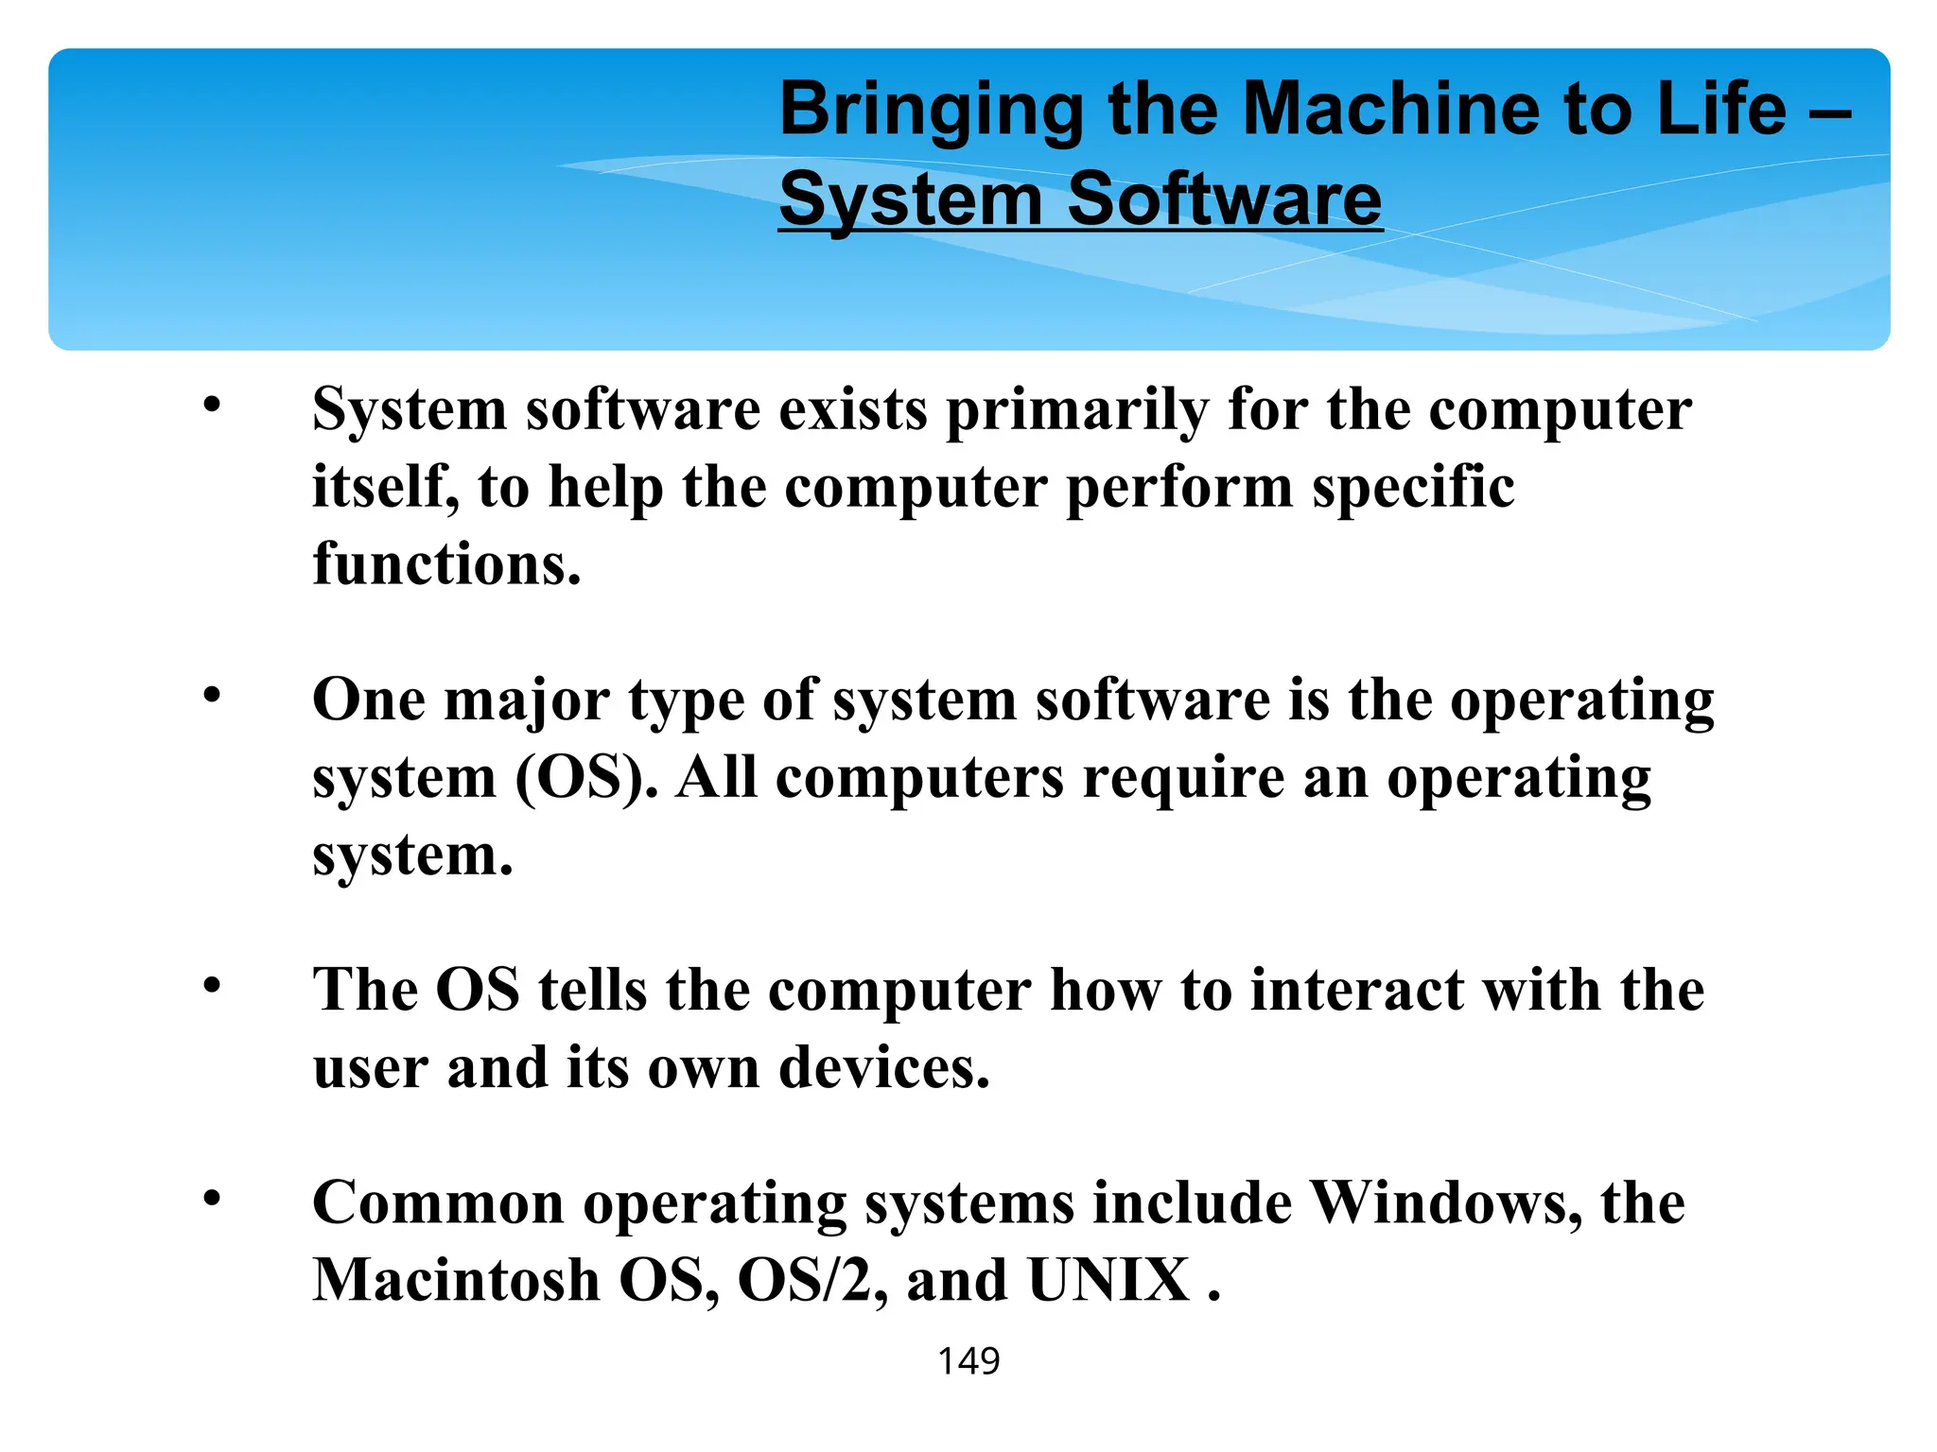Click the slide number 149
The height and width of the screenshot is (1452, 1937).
[968, 1361]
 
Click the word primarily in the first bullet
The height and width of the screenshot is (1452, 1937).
[1077, 412]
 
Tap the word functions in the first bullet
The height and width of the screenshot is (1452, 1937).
[446, 564]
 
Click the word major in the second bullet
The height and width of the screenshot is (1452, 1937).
[527, 703]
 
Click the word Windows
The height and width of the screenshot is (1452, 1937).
[1446, 1203]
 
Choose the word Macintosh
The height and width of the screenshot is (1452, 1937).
[456, 1281]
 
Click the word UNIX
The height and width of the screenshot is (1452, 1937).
[1108, 1281]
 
